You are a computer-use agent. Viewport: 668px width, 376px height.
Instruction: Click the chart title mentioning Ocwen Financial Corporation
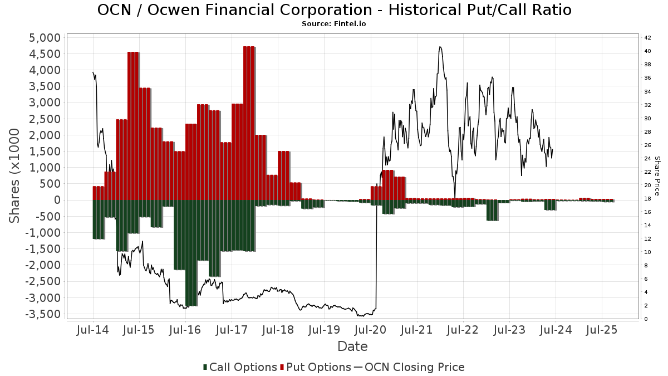[334, 10]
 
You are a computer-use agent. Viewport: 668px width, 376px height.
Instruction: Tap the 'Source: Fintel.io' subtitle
[334, 24]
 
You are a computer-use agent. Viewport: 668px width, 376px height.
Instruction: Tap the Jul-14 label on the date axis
[92, 330]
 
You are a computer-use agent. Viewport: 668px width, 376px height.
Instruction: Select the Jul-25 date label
[602, 330]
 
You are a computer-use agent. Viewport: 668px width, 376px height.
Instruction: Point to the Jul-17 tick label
[232, 330]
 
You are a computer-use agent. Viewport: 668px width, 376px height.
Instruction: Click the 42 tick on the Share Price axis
[647, 38]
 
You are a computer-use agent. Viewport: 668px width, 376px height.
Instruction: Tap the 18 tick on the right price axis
[647, 199]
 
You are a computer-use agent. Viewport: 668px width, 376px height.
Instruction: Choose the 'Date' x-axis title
[352, 346]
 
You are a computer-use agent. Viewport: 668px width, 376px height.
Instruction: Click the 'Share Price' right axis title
[657, 175]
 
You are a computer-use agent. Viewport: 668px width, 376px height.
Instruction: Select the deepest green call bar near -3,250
[191, 253]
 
